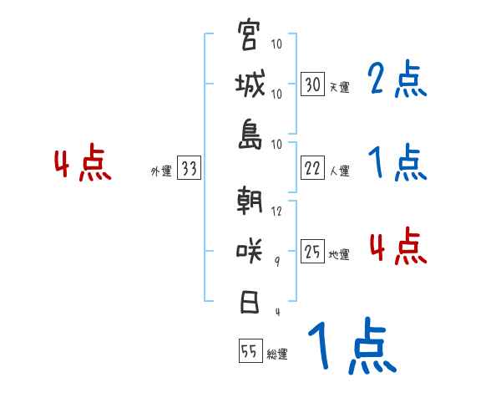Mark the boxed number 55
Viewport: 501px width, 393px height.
[x=250, y=352]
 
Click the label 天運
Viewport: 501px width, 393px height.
[x=339, y=87]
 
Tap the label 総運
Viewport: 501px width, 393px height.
[x=276, y=354]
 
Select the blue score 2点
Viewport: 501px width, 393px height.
[x=397, y=80]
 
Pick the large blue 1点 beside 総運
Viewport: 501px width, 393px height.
[x=351, y=347]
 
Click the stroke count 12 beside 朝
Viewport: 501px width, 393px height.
[x=277, y=211]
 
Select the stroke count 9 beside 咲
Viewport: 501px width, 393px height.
[x=276, y=261]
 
